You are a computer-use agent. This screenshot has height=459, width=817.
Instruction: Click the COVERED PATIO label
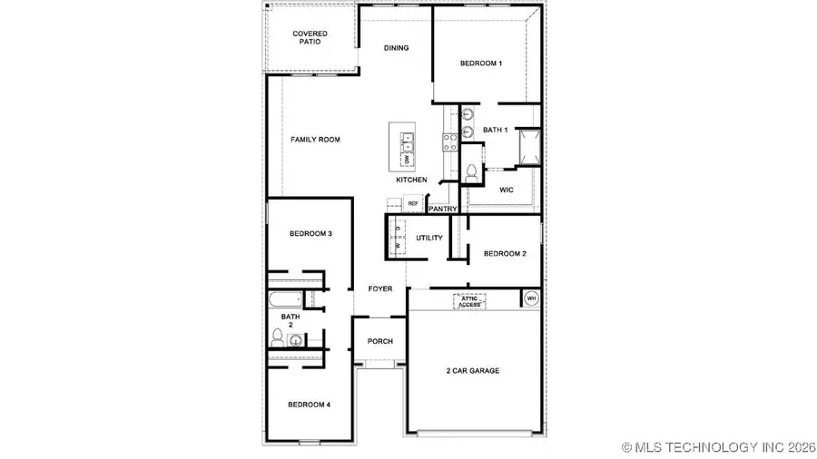[310, 38]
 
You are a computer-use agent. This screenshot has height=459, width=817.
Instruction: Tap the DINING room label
[396, 48]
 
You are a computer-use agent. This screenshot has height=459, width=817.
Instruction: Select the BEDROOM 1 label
[480, 63]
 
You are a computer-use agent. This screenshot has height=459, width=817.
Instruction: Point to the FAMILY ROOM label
[315, 140]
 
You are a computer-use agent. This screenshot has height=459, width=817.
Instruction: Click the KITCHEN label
[411, 180]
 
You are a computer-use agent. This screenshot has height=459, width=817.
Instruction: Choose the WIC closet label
[507, 190]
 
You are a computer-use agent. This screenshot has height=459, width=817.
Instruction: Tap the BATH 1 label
[496, 131]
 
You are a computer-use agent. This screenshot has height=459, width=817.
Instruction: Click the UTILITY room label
[429, 238]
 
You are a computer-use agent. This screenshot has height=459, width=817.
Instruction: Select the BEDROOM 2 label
[505, 254]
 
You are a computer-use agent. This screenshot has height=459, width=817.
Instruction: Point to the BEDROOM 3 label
[310, 234]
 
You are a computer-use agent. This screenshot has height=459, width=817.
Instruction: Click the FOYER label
[380, 289]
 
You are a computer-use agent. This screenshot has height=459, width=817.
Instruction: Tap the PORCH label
[379, 342]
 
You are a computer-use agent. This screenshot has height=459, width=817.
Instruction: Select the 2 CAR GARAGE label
[472, 370]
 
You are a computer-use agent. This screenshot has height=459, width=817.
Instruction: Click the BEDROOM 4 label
[309, 404]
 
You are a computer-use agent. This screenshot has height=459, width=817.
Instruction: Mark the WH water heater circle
[531, 298]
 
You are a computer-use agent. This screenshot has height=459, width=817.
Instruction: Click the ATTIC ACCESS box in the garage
[469, 301]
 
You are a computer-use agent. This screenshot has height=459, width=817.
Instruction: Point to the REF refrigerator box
[413, 204]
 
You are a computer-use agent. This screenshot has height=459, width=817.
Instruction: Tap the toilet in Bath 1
[471, 172]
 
